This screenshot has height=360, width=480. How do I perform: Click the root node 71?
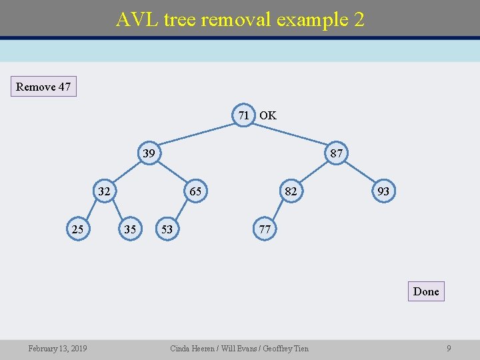pos(244,115)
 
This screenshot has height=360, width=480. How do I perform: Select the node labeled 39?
pos(149,153)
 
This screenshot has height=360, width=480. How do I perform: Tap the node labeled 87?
pos(337,153)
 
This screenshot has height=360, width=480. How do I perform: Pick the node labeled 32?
pos(104,192)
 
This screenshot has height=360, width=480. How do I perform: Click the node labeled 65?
pos(195,192)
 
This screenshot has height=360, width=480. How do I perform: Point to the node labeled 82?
pos(290,192)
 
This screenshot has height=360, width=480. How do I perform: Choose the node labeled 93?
pos(383,192)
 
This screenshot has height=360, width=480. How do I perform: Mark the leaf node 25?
pos(78,229)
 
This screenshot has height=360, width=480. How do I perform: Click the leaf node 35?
pos(130,229)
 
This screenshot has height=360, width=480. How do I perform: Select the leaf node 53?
pos(167,229)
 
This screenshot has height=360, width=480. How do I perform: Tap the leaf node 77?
pos(265,229)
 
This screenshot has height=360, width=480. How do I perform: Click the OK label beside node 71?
pos(268,115)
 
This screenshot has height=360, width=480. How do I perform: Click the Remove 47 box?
pos(43,87)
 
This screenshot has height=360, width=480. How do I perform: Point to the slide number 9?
pos(449,348)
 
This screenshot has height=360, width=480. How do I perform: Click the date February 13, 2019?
pos(57,348)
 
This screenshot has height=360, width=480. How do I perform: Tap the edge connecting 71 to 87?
pos(291,134)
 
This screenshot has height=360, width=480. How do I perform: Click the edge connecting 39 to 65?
pos(172,173)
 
